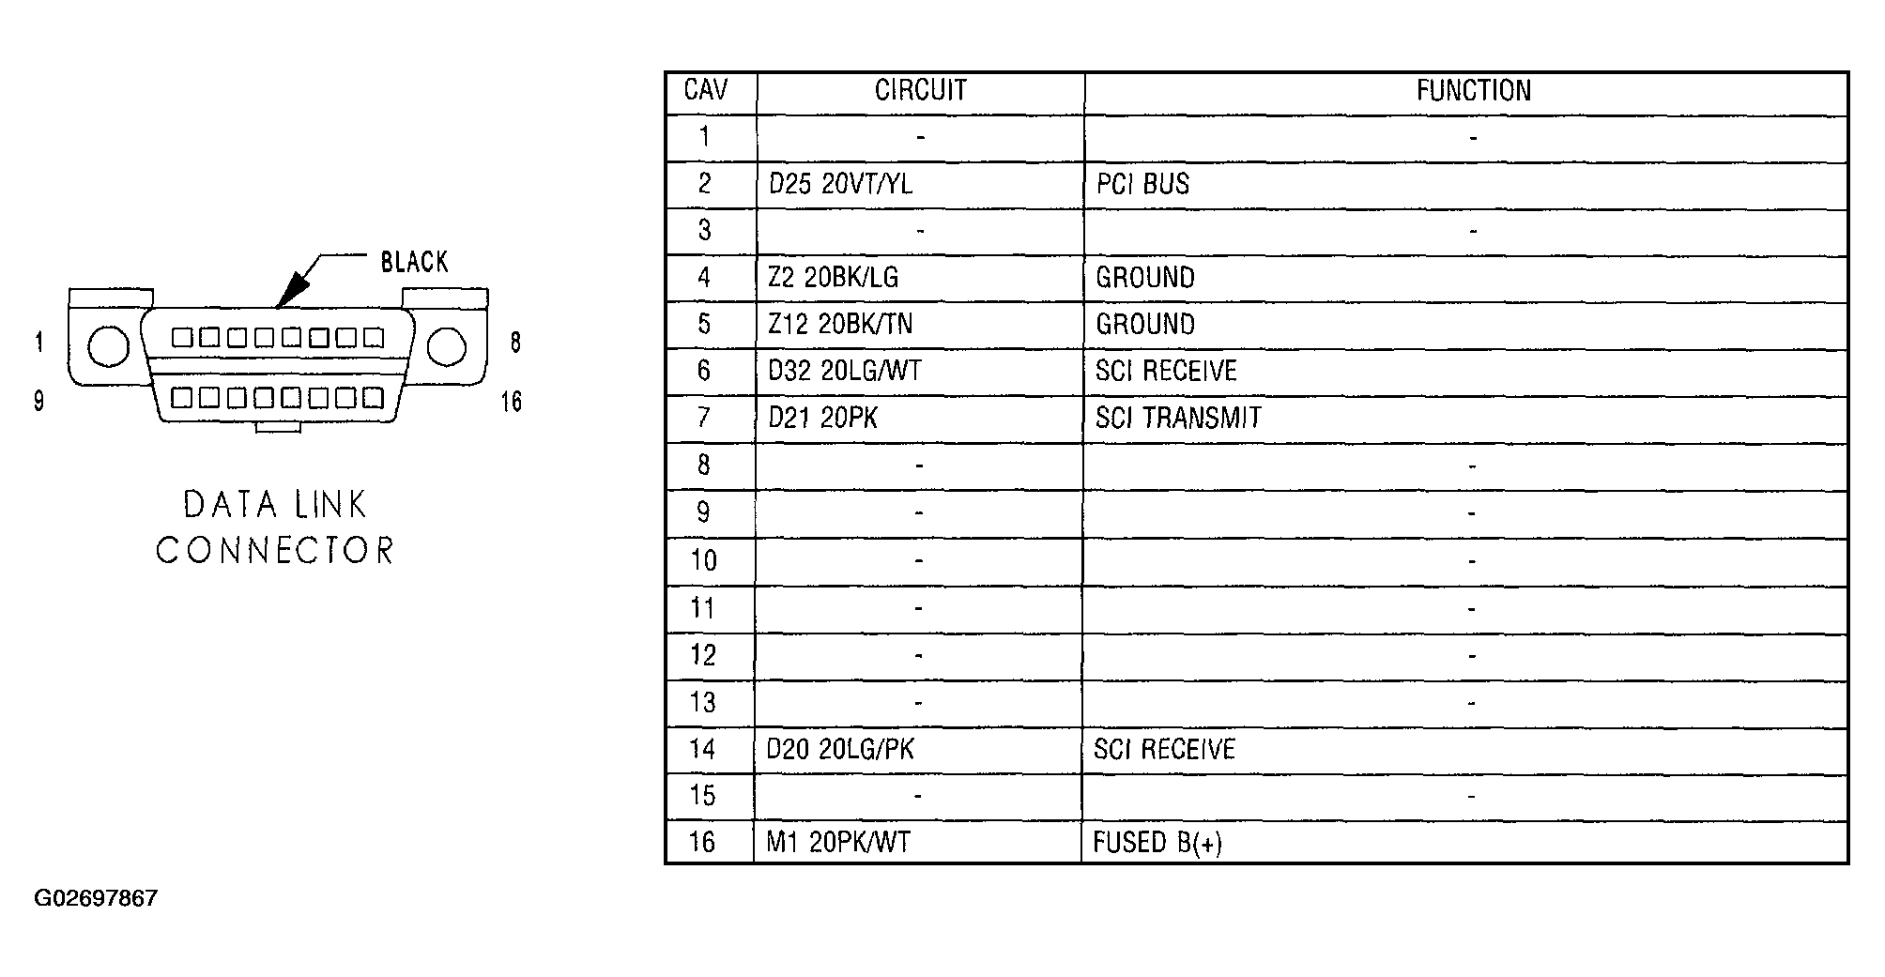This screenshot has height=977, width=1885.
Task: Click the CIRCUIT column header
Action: [920, 90]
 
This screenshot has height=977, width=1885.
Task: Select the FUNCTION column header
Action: [1474, 90]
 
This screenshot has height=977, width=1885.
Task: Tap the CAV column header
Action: [706, 90]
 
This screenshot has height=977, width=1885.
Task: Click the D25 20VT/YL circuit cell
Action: [840, 184]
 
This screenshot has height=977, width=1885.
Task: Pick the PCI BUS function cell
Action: [1142, 184]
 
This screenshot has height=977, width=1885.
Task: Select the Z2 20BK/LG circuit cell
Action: [834, 278]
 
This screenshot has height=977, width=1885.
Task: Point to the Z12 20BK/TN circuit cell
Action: [840, 325]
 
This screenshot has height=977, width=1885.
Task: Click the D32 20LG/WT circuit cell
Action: [845, 372]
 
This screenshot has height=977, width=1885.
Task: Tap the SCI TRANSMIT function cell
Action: [1178, 418]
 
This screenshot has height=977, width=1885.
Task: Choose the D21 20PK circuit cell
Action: [823, 418]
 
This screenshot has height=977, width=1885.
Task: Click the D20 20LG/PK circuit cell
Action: [840, 749]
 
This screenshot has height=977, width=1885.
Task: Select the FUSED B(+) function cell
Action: [1157, 842]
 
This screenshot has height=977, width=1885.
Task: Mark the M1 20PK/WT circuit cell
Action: [838, 842]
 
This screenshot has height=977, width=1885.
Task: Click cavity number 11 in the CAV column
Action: [703, 608]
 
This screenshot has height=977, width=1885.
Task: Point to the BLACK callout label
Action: [414, 262]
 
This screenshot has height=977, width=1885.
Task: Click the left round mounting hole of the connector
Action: [108, 347]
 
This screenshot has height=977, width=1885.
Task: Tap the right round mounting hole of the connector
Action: [446, 347]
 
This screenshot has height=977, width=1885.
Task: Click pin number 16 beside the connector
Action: [511, 402]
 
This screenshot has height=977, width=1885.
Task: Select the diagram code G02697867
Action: [96, 898]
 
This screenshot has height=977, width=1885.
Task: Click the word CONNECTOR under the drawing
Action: [274, 551]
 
